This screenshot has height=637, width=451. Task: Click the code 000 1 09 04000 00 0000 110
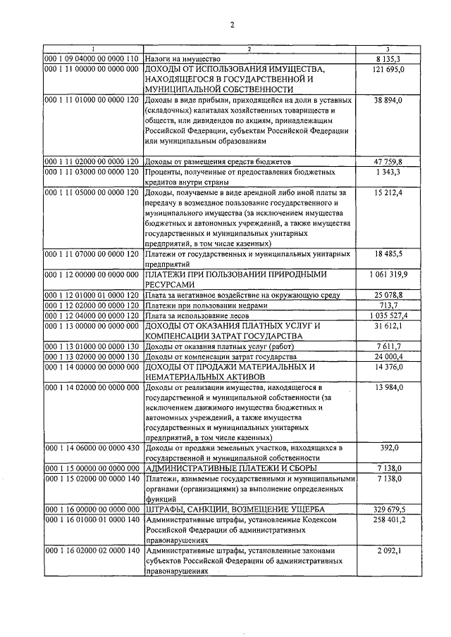coord(92,58)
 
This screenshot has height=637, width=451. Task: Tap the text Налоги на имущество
coord(183,58)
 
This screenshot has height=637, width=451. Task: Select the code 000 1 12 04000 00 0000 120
coord(92,316)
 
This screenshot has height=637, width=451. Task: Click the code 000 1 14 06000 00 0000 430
coord(92,448)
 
